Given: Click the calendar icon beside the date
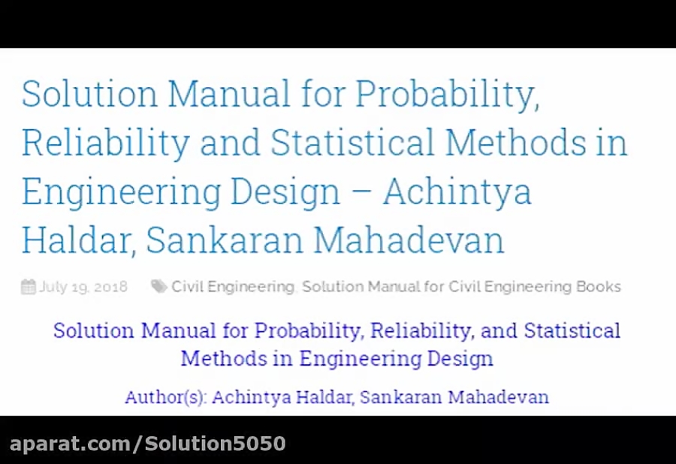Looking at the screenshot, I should click(29, 287).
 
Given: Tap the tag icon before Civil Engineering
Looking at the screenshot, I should click(158, 286).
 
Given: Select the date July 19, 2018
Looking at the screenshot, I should click(83, 287).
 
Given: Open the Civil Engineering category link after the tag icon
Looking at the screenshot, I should click(233, 287).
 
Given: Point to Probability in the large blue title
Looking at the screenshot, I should click(447, 95).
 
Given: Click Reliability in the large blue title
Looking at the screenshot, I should click(105, 143).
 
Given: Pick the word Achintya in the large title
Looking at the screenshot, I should click(457, 192).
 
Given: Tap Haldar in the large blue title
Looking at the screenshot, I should click(77, 241).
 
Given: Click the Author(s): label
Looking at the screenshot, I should click(165, 397).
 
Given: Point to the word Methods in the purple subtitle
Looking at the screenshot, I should click(222, 358).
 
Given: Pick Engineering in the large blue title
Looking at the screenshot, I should click(120, 192).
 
